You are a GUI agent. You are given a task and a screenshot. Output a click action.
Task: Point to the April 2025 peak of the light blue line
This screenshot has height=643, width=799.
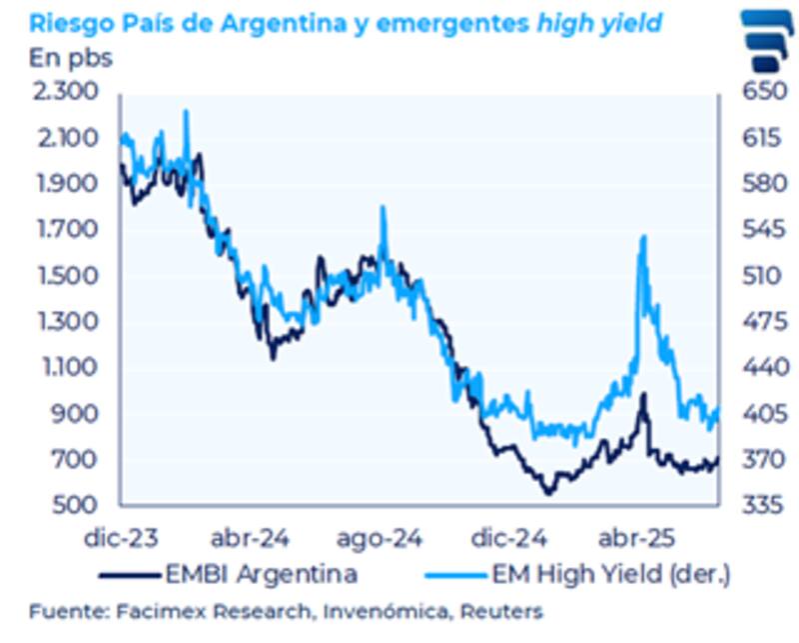(x=642, y=237)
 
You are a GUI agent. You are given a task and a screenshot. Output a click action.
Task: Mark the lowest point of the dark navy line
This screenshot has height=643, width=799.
(x=547, y=492)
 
